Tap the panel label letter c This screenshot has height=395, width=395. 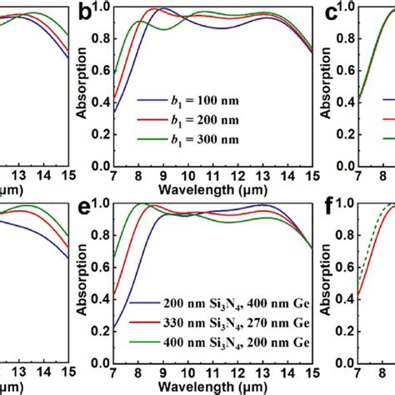pyautogui.click(x=330, y=13)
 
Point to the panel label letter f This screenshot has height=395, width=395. pyautogui.click(x=332, y=209)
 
